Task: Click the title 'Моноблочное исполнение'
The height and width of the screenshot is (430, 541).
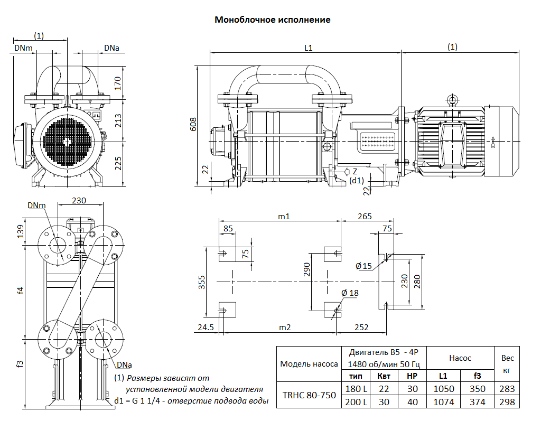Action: coord(272,20)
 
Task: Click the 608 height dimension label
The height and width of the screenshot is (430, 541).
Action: coord(193,124)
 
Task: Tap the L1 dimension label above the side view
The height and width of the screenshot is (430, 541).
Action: coord(309,48)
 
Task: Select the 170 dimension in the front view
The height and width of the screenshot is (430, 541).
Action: coord(118,83)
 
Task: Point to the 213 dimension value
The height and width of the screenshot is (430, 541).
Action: coord(118,120)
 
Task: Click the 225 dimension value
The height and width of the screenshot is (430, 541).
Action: coord(118,164)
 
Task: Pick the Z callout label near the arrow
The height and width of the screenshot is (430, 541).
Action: coord(355,172)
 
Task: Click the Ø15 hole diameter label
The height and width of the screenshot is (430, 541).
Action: coord(364,266)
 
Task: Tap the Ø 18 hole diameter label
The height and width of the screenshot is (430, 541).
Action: coord(350,293)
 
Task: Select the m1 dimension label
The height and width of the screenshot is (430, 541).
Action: coord(284,217)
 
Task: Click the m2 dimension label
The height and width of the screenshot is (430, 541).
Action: coord(285,328)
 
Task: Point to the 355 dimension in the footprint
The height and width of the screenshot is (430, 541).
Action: coord(202,283)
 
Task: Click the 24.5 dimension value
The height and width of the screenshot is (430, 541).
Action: coord(206,328)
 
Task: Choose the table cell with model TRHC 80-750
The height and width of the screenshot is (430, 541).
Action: coord(309,395)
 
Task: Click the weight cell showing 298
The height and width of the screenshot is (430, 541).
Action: coord(506,402)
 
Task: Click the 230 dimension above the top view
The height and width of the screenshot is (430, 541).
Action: coord(79,201)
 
